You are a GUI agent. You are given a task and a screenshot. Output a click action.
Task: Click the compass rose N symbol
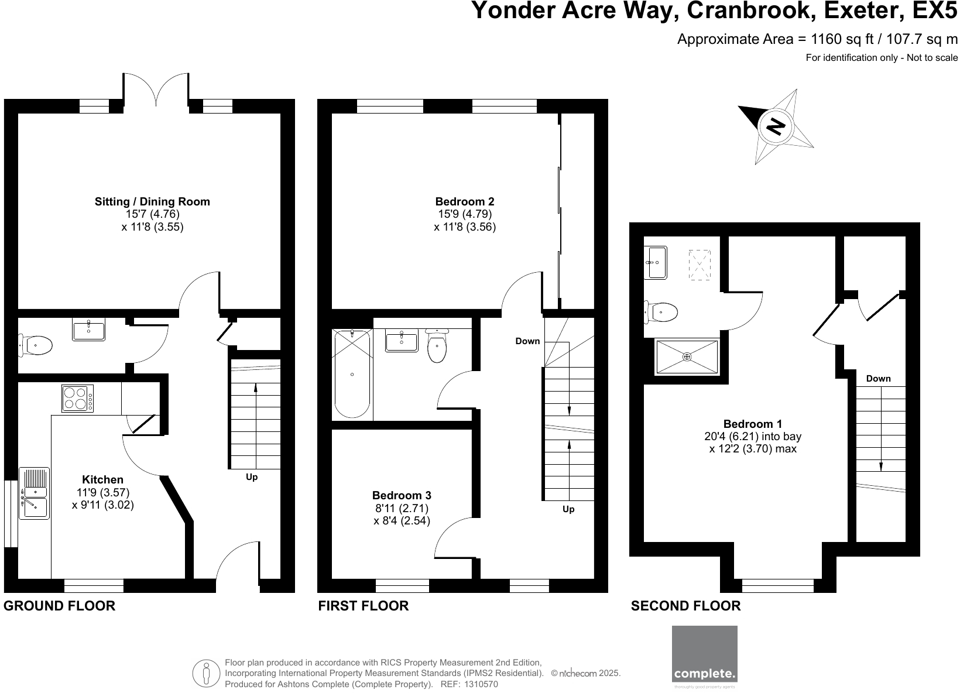point(776,126)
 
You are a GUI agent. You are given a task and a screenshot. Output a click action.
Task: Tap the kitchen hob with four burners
point(77,399)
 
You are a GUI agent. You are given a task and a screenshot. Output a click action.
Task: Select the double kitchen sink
point(34,493)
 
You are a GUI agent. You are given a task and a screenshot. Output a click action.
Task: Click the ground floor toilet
point(36,345)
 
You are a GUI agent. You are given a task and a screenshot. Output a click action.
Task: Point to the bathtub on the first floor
point(352,374)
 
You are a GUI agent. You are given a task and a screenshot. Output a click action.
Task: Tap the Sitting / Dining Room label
point(152,201)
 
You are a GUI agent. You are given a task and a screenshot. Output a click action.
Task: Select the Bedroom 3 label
point(402,495)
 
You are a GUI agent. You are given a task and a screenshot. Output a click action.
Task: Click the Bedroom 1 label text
point(753,424)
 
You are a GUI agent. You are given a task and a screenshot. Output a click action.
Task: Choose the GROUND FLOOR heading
point(59,606)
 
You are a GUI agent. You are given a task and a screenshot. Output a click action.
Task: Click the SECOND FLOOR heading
point(685,606)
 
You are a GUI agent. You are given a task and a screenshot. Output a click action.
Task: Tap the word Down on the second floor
point(878,379)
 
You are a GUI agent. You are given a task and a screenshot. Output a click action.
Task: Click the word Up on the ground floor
point(252,477)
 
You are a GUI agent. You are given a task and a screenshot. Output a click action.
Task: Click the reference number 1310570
point(480,684)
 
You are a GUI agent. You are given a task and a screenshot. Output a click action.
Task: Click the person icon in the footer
point(206,673)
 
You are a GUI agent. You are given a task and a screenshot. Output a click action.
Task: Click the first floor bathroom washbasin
point(402,341)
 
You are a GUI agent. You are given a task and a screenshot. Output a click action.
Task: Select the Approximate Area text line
point(817,39)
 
